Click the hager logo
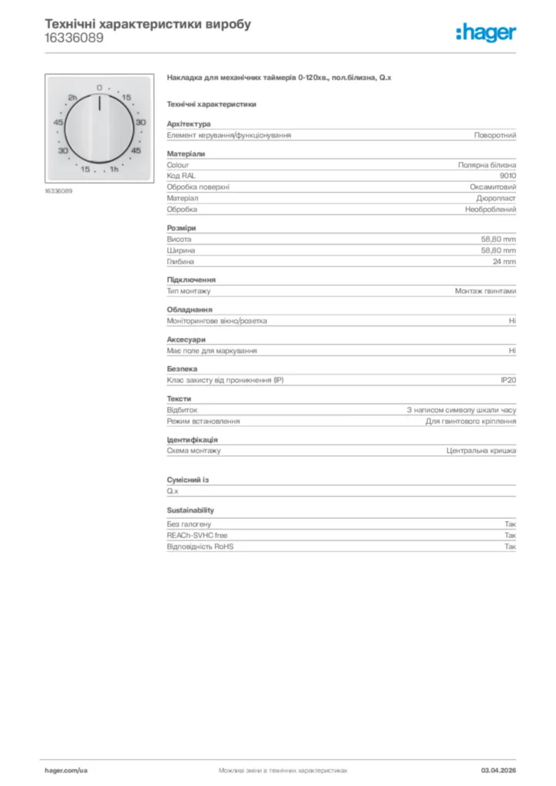click(485, 32)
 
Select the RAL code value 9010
click(508, 176)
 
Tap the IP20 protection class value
click(508, 380)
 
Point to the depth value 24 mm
click(505, 261)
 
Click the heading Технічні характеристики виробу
click(147, 24)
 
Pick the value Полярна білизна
click(487, 165)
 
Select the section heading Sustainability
click(190, 510)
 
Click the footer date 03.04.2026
click(498, 769)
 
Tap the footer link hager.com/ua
click(66, 769)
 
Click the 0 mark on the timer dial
click(99, 88)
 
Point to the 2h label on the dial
click(73, 98)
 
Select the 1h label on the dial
click(114, 169)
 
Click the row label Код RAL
click(181, 176)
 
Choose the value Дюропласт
click(496, 198)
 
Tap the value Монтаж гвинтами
click(485, 291)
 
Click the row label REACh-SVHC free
click(197, 535)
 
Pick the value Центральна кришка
click(482, 451)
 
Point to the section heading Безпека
click(182, 368)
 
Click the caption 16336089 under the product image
click(58, 191)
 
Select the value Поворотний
click(495, 135)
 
